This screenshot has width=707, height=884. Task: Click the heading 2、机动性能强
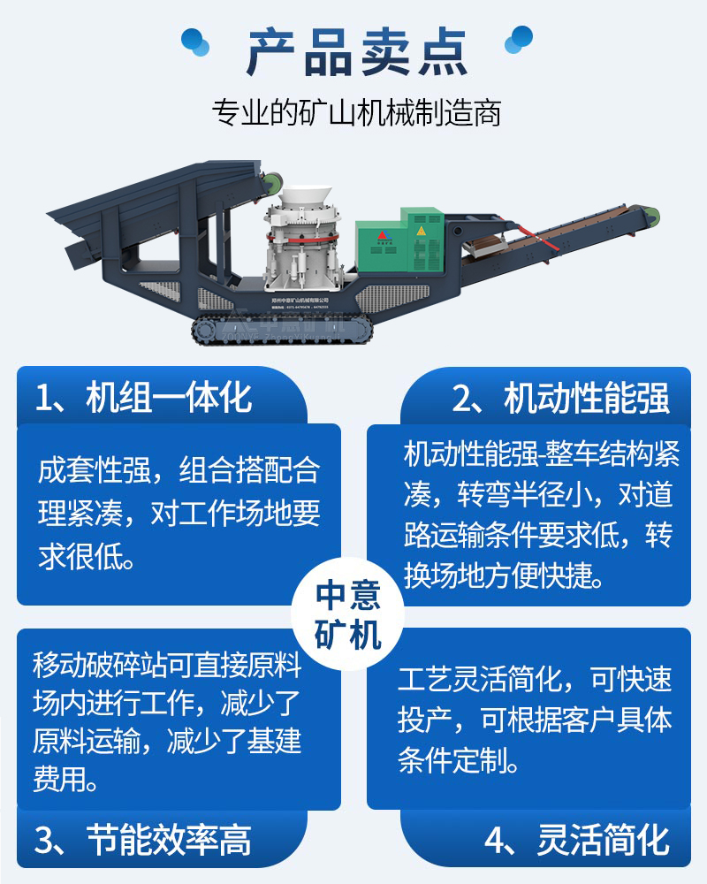560,399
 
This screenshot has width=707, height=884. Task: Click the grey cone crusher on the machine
296,247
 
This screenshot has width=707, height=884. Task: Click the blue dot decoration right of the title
517,40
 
